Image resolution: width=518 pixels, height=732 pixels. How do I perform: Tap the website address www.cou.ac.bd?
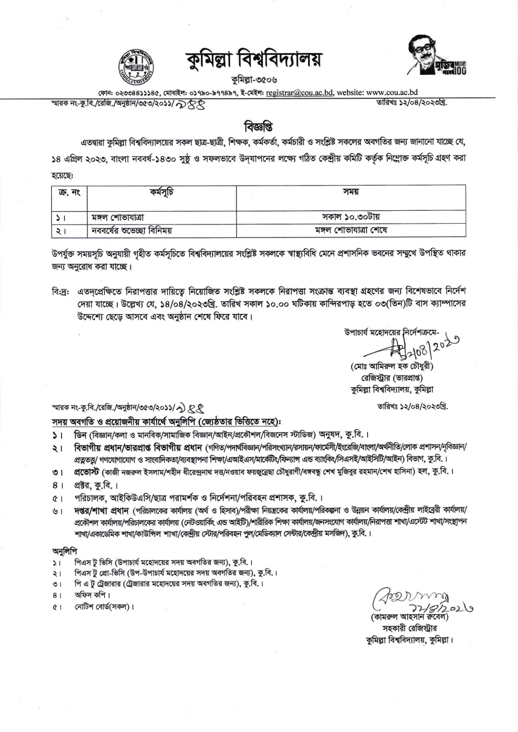pyautogui.click(x=392, y=92)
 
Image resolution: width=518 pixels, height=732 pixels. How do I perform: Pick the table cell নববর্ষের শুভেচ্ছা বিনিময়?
pyautogui.click(x=131, y=230)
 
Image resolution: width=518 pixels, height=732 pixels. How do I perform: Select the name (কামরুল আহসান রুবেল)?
pyautogui.click(x=404, y=617)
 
